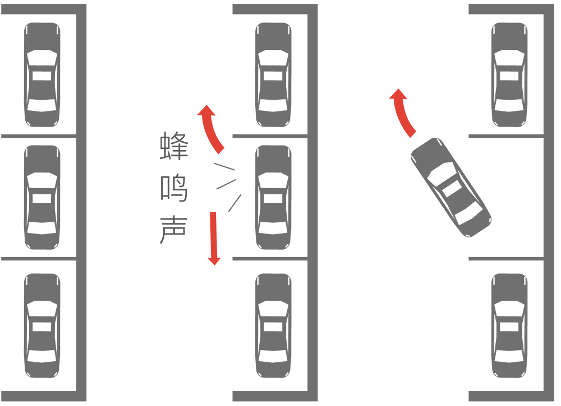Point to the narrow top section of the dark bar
tap(159, 56)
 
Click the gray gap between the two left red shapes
tap(216, 176)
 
